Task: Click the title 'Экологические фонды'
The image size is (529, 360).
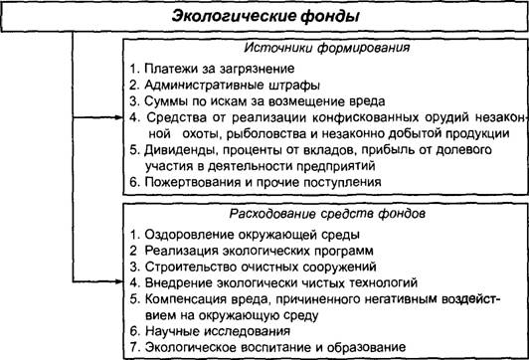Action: (x=265, y=16)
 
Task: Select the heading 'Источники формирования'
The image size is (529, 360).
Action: (x=326, y=48)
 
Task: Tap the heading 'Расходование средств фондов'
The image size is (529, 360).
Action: (x=327, y=214)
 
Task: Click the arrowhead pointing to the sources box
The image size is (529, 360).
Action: (x=119, y=117)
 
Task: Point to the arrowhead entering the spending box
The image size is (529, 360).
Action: (x=119, y=281)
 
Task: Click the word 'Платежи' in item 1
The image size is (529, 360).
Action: (x=171, y=69)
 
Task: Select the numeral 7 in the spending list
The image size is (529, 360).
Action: (x=134, y=347)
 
